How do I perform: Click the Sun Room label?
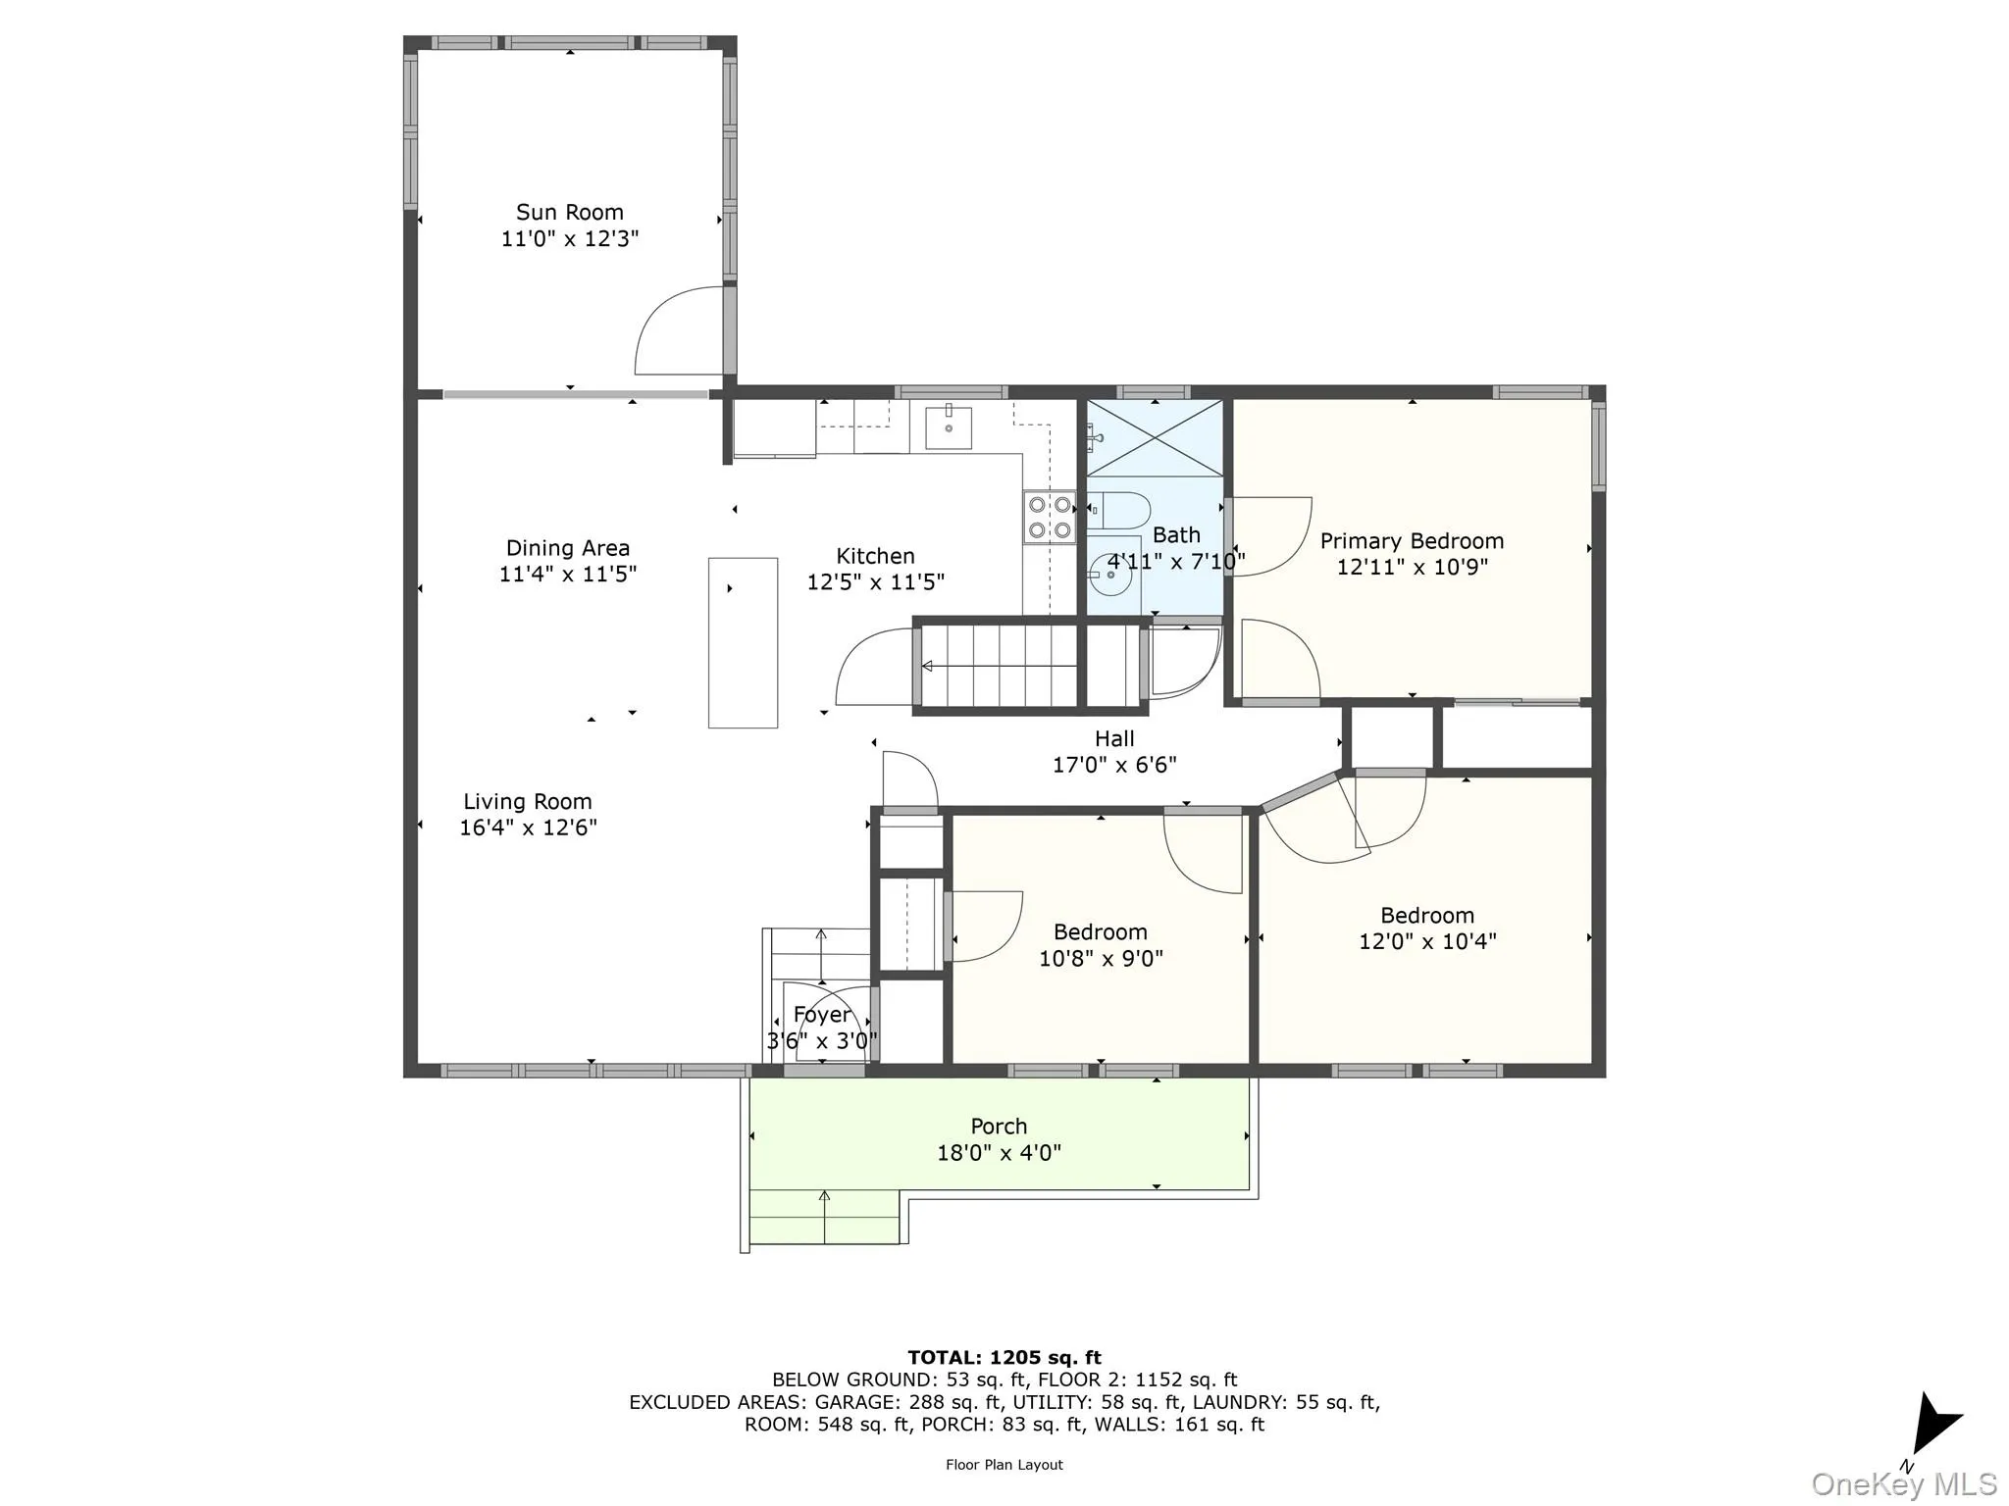[569, 213]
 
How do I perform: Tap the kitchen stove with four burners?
[1049, 518]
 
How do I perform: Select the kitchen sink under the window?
[949, 427]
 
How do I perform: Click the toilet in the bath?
[1120, 510]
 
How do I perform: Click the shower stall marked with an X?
[1155, 438]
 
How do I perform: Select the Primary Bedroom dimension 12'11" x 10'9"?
[1412, 567]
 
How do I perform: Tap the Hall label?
[1113, 739]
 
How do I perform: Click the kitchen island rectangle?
[743, 642]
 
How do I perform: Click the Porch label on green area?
[999, 1127]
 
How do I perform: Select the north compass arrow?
[1932, 1425]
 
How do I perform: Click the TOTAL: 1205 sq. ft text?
[1004, 1358]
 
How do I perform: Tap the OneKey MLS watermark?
[1903, 1483]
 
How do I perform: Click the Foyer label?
[821, 1015]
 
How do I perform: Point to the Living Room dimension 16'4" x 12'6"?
[528, 828]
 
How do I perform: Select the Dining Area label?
[567, 548]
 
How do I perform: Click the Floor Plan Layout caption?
[1004, 1465]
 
